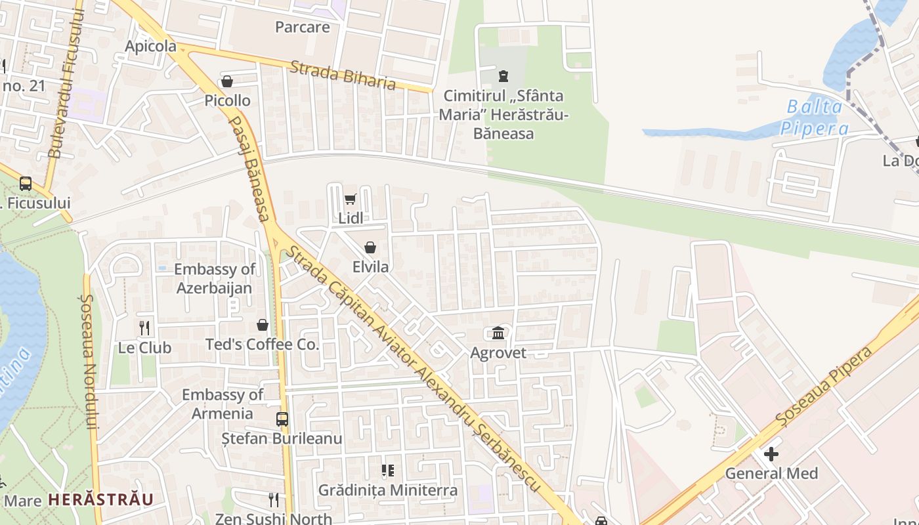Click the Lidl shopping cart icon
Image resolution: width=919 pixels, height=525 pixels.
pyautogui.click(x=350, y=199)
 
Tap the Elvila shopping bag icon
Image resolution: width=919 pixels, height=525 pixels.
pyautogui.click(x=370, y=247)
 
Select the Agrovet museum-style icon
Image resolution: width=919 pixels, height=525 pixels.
pyautogui.click(x=498, y=333)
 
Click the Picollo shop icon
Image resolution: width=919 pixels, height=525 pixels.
pyautogui.click(x=227, y=81)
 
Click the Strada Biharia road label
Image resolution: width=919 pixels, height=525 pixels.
pyautogui.click(x=343, y=75)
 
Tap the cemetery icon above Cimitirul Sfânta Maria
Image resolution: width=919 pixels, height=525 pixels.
pyautogui.click(x=503, y=76)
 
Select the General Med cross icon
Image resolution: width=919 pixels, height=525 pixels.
pyautogui.click(x=771, y=453)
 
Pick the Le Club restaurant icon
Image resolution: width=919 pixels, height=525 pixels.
pyautogui.click(x=145, y=327)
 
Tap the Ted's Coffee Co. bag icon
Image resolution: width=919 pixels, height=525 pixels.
pyautogui.click(x=263, y=325)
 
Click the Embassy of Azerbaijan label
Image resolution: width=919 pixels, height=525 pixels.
pyautogui.click(x=214, y=278)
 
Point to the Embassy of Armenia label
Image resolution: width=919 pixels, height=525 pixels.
pyautogui.click(x=222, y=404)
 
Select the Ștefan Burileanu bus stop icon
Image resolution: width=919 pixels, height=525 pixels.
pyautogui.click(x=282, y=419)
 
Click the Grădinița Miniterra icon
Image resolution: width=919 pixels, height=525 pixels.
pyautogui.click(x=388, y=471)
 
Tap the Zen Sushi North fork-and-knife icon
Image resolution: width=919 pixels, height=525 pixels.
pyautogui.click(x=274, y=500)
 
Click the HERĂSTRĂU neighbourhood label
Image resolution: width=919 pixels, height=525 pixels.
pyautogui.click(x=101, y=499)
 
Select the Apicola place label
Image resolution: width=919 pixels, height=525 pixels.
pyautogui.click(x=151, y=46)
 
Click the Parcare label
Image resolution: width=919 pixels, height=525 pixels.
pyautogui.click(x=302, y=27)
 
